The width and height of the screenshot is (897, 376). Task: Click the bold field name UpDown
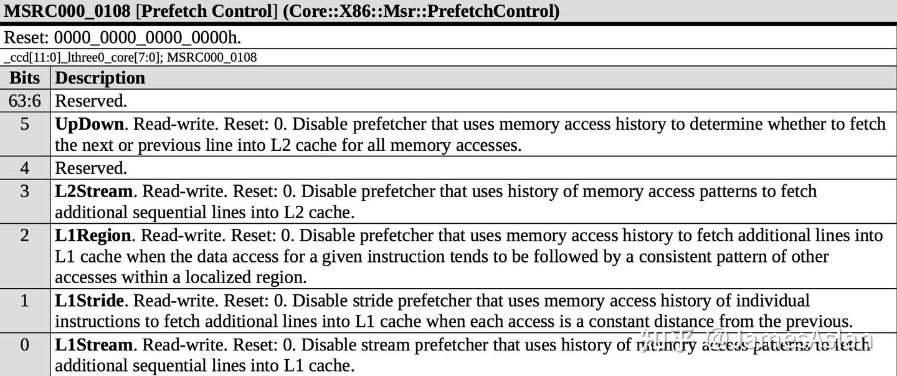click(x=89, y=124)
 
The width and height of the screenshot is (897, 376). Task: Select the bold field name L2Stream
click(x=93, y=191)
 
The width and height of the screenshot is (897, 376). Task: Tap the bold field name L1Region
click(x=93, y=235)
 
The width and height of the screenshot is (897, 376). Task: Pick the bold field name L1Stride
click(x=89, y=301)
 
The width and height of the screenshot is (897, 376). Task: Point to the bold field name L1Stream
click(x=93, y=345)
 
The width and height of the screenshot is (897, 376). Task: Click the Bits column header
click(x=25, y=78)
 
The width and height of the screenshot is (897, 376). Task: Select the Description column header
click(x=100, y=78)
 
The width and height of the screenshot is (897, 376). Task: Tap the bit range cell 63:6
click(x=25, y=100)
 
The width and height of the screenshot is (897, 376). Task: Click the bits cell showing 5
click(x=25, y=124)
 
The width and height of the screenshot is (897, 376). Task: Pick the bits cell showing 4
click(x=25, y=168)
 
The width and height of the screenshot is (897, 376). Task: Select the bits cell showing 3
click(x=25, y=191)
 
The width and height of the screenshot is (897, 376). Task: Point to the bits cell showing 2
click(x=25, y=235)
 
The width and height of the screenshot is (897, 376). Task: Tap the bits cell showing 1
click(x=25, y=301)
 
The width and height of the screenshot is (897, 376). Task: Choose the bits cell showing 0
click(x=25, y=345)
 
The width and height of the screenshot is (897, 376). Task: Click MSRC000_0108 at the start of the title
click(x=67, y=11)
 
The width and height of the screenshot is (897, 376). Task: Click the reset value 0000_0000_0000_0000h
click(x=147, y=37)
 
